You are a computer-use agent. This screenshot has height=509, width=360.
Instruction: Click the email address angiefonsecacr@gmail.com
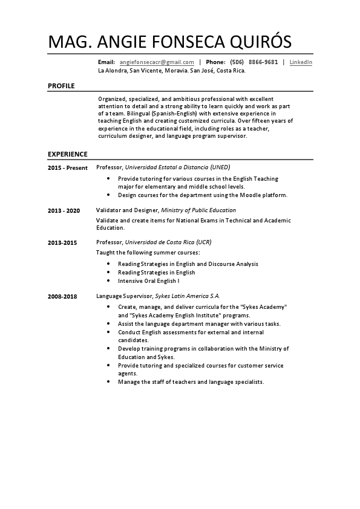(157, 62)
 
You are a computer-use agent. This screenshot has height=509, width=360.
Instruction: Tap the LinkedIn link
(301, 62)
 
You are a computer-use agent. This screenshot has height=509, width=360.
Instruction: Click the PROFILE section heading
(61, 86)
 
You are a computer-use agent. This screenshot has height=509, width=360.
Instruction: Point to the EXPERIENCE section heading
(68, 154)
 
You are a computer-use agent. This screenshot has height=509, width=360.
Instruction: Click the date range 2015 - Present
(68, 167)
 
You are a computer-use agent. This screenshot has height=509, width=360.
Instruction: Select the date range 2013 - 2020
(64, 210)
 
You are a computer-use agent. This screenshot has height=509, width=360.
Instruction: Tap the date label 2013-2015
(62, 242)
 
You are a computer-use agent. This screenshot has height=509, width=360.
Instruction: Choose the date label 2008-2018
(62, 297)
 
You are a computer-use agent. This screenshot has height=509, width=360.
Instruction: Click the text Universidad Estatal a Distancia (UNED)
(177, 167)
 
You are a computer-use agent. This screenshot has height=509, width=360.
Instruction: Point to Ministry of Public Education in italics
(198, 210)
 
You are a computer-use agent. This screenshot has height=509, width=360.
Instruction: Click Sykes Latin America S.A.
(188, 296)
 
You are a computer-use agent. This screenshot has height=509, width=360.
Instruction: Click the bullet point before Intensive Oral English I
(108, 281)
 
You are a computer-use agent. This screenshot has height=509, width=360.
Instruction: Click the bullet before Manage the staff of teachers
(108, 383)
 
